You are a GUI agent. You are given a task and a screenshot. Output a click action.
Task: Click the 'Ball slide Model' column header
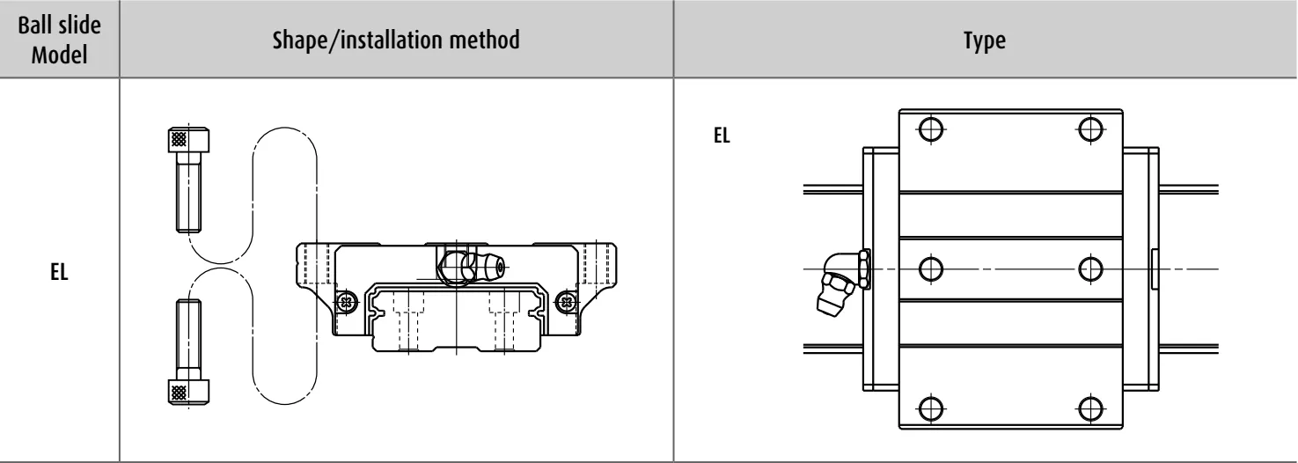click(59, 40)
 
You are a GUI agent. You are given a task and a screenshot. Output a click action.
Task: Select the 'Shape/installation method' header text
click(396, 40)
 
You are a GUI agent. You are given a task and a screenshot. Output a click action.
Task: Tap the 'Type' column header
click(985, 40)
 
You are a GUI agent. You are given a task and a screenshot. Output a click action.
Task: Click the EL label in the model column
click(59, 272)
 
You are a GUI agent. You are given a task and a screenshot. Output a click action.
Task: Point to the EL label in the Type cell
click(722, 135)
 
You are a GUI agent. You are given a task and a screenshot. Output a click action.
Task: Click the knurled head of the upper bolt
click(188, 140)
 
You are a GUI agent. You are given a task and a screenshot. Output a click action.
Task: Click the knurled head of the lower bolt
click(188, 392)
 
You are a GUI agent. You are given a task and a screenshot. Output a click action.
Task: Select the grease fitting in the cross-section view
click(471, 267)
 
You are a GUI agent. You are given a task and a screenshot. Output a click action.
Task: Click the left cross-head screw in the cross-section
click(347, 302)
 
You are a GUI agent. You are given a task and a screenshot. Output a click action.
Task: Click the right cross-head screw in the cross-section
click(566, 302)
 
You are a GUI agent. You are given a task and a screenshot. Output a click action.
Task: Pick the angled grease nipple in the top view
click(842, 283)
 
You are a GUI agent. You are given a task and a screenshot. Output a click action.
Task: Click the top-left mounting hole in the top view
click(931, 129)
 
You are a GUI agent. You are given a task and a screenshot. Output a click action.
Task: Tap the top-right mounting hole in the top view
click(1090, 129)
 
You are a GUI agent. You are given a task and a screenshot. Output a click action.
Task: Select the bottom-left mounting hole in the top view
click(931, 408)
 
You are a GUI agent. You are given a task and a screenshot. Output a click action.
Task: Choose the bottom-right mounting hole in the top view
click(1090, 408)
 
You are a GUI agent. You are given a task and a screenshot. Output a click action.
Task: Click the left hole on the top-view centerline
click(931, 268)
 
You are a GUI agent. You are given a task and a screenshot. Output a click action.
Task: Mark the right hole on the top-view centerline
click(1090, 268)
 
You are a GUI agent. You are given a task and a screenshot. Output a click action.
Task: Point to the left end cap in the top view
click(881, 268)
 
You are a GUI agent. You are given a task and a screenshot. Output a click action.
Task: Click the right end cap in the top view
click(1140, 268)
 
